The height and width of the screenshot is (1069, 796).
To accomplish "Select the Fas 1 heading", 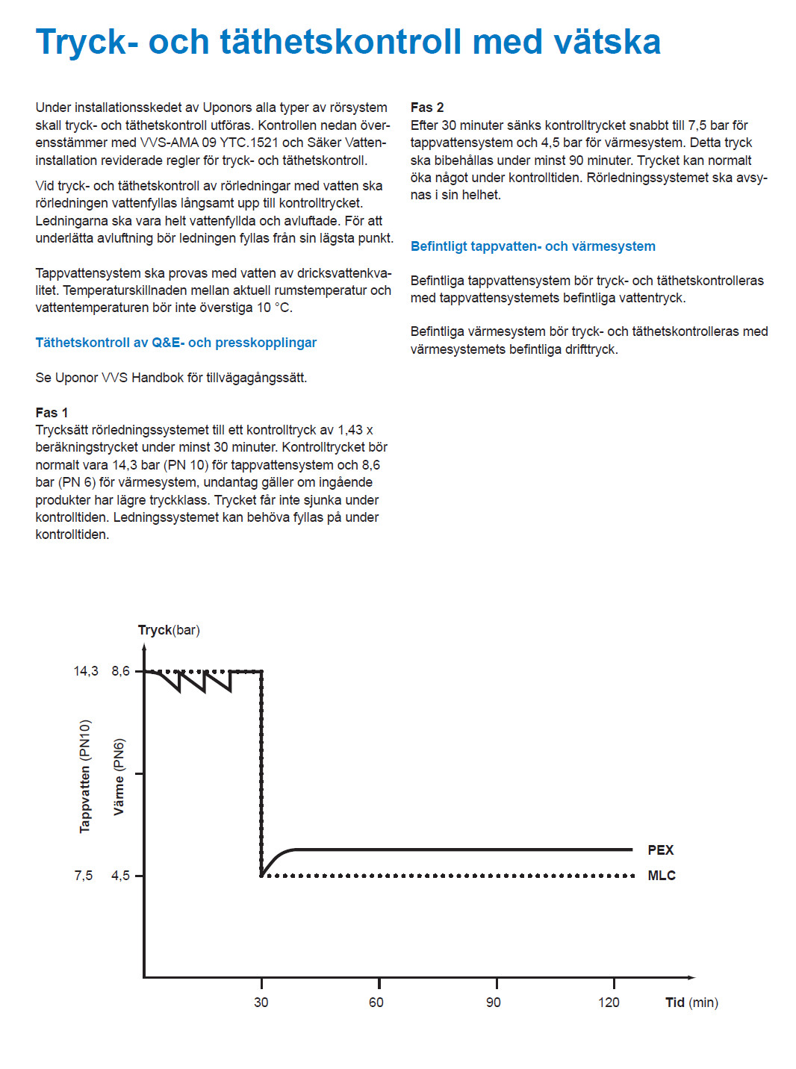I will pyautogui.click(x=52, y=412).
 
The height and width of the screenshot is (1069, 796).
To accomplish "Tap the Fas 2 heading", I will pyautogui.click(x=427, y=107).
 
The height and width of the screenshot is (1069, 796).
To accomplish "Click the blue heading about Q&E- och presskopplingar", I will pyautogui.click(x=176, y=343).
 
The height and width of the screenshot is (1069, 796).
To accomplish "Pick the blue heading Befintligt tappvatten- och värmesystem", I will pyautogui.click(x=533, y=246).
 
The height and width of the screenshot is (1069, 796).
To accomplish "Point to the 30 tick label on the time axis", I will pyautogui.click(x=261, y=1002).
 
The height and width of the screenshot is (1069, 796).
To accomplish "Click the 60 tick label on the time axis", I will pyautogui.click(x=376, y=1002).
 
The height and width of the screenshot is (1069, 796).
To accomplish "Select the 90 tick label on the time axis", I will pyautogui.click(x=494, y=1002).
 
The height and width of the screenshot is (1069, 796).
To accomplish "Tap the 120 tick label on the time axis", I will pyautogui.click(x=609, y=1002).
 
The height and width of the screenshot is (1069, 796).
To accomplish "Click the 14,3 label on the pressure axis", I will pyautogui.click(x=86, y=671).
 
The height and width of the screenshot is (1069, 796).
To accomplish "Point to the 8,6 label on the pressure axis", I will pyautogui.click(x=120, y=671).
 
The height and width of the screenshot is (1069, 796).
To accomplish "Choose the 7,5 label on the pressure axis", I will pyautogui.click(x=84, y=875).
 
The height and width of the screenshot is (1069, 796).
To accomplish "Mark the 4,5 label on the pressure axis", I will pyautogui.click(x=120, y=875).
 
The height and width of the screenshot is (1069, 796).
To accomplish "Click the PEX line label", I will pyautogui.click(x=661, y=850).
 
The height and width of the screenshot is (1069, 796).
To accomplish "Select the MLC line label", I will pyautogui.click(x=662, y=875).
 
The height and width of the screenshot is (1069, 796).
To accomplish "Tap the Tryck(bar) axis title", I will pyautogui.click(x=169, y=630).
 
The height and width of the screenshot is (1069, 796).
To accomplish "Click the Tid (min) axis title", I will pyautogui.click(x=691, y=1002).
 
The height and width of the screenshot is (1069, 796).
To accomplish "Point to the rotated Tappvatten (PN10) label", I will pyautogui.click(x=85, y=776).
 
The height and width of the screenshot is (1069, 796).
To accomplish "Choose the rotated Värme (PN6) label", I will pyautogui.click(x=119, y=776).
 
